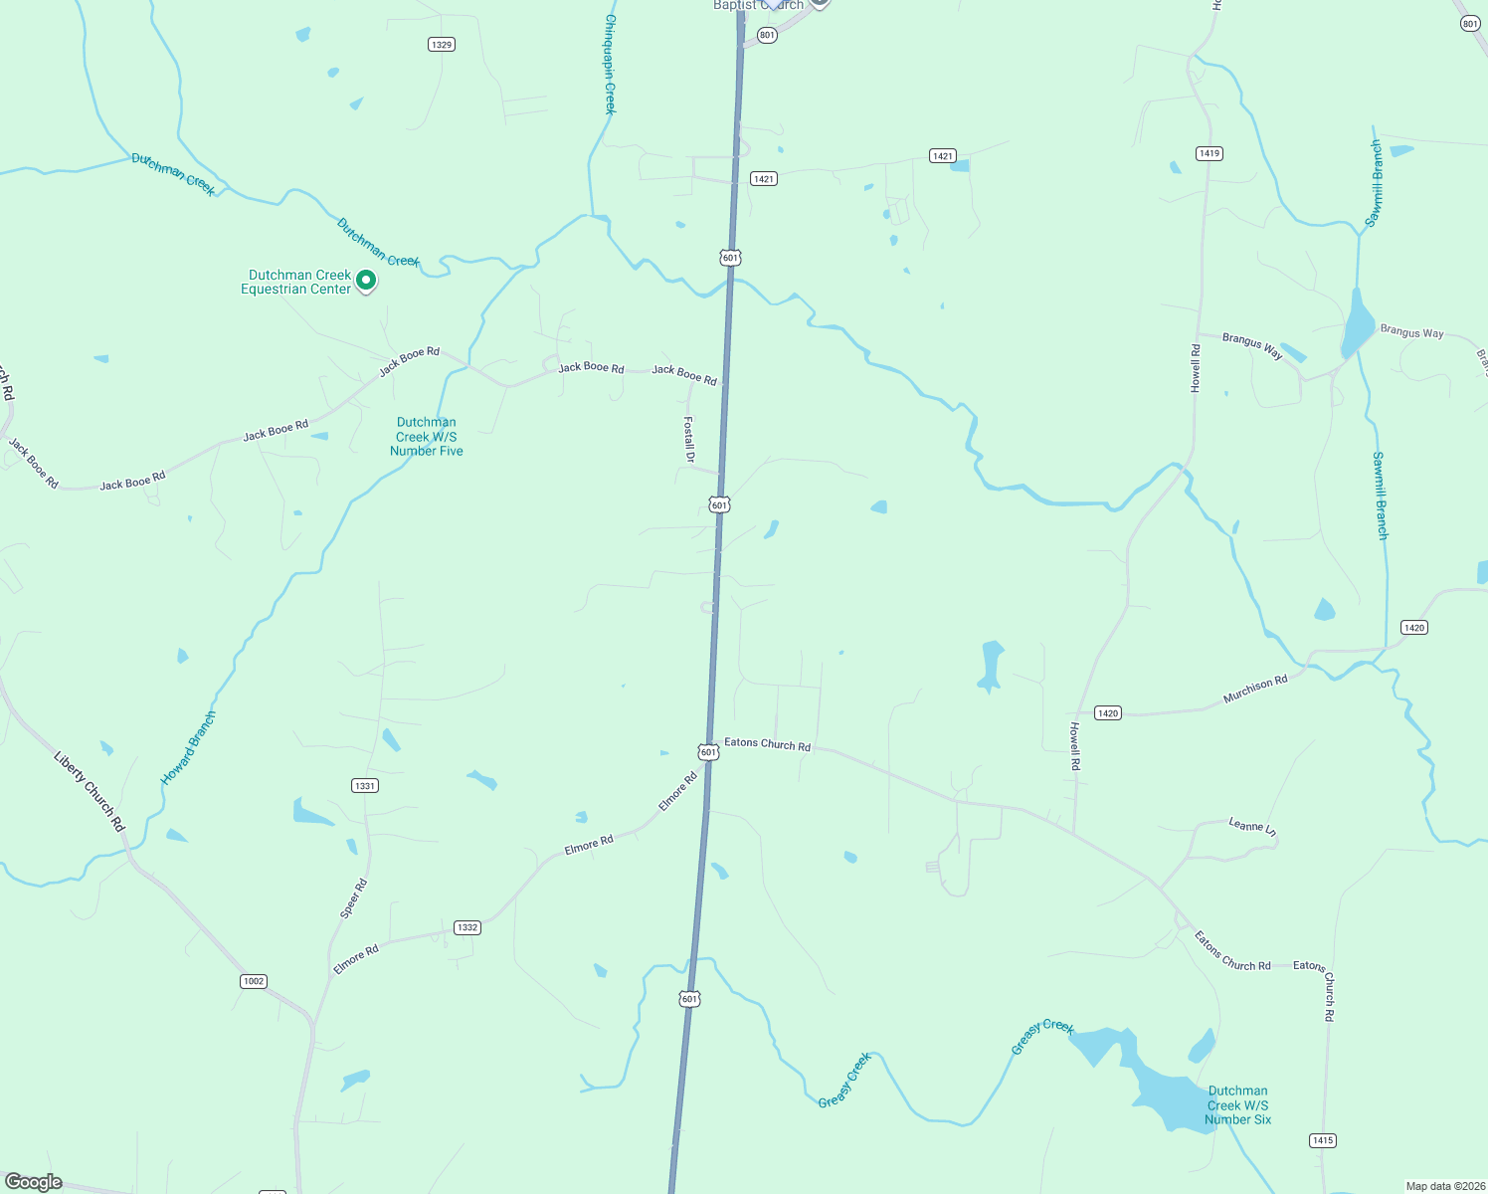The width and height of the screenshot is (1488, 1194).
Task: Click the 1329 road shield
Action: point(442,45)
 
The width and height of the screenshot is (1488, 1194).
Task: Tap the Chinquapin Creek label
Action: point(611,64)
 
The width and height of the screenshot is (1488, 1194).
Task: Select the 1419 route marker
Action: point(1209,153)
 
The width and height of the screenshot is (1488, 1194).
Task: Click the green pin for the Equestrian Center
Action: point(366,281)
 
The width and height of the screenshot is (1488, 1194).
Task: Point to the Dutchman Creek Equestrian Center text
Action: point(297,283)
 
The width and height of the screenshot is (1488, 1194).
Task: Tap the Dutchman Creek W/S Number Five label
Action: point(427,437)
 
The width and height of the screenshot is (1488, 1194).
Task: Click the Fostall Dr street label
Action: point(688,439)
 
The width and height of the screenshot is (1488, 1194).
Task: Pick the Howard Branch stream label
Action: point(189,747)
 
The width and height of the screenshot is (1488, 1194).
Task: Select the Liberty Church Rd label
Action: point(90,791)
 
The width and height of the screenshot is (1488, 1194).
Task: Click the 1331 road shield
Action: point(365,786)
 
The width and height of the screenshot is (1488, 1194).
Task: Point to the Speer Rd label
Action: point(353,898)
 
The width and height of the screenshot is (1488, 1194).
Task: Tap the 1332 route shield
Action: point(466,927)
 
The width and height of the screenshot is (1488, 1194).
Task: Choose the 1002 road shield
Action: point(254,981)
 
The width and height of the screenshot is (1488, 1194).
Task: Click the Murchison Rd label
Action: point(1255,690)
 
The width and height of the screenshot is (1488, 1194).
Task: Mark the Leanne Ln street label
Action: point(1252,826)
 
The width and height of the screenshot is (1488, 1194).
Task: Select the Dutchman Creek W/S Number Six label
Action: point(1237,1105)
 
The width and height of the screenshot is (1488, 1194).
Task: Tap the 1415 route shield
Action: point(1322,1140)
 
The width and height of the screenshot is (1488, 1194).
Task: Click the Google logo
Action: point(34,1182)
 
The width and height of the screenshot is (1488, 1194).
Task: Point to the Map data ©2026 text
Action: point(1445,1186)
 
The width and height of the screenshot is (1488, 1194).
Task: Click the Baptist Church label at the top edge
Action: point(758,5)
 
